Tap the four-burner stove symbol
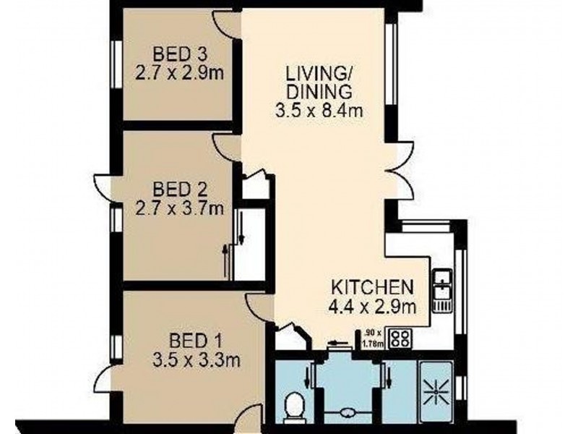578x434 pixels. (400, 338)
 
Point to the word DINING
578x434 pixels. (319, 92)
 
